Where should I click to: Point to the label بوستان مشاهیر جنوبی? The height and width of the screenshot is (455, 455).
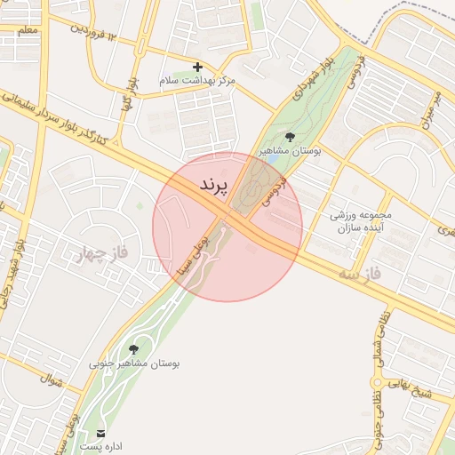click(x=134, y=364)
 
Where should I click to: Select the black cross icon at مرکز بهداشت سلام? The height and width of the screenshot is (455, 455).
click(x=197, y=67)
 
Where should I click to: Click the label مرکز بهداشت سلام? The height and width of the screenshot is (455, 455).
click(x=197, y=81)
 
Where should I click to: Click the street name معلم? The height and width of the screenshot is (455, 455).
click(x=27, y=31)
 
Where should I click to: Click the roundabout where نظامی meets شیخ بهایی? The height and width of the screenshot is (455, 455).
click(x=376, y=383)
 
